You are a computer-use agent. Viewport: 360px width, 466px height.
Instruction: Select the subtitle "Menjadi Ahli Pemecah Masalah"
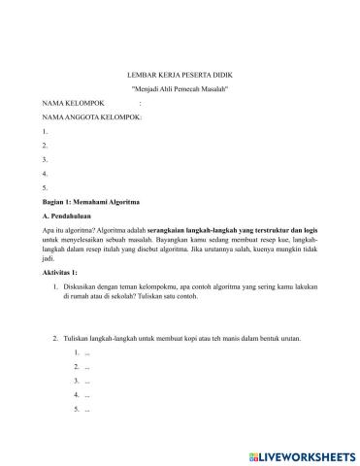179,88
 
